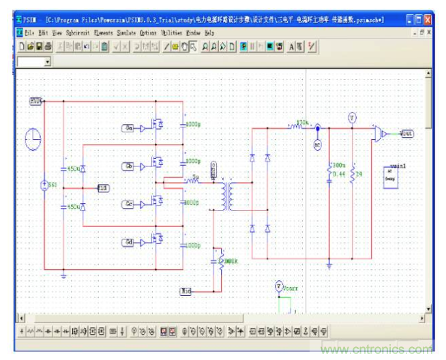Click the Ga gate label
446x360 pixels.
[x=128, y=127]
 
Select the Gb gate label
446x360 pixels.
[x=128, y=166]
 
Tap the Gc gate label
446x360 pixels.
[x=128, y=204]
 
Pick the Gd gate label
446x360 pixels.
[x=128, y=242]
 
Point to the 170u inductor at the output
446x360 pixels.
[x=297, y=126]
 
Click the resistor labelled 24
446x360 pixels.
[x=352, y=175]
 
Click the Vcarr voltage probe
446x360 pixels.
[x=278, y=286]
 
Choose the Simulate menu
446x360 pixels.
[x=126, y=32]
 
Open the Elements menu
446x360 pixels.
[x=103, y=32]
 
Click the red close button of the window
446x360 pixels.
[x=427, y=20]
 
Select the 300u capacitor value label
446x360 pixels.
[x=337, y=166]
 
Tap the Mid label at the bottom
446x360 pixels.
[x=185, y=291]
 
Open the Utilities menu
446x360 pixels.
[x=171, y=32]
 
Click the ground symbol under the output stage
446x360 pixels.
[x=329, y=265]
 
